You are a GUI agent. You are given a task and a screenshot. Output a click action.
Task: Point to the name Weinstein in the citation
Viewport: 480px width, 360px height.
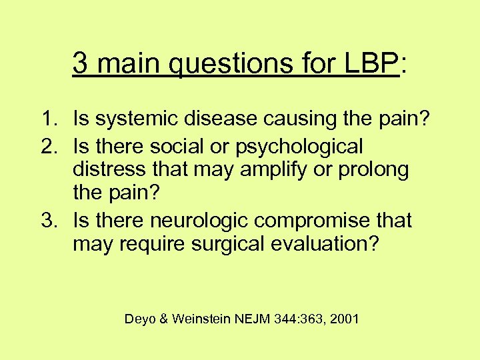tap(201, 319)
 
